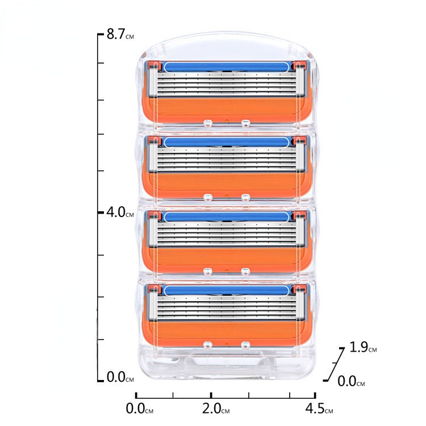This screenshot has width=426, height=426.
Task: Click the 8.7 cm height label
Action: pyautogui.click(x=120, y=34)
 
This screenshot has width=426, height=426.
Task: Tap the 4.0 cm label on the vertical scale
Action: pyautogui.click(x=120, y=212)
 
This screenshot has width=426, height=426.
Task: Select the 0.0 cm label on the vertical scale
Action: pyautogui.click(x=120, y=377)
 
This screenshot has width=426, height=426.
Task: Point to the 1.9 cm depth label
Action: pyautogui.click(x=363, y=347)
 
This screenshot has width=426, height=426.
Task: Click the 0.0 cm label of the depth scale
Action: pyautogui.click(x=351, y=381)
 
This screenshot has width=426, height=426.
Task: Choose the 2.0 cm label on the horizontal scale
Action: pyautogui.click(x=216, y=408)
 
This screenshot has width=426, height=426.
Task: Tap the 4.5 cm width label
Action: pyautogui.click(x=319, y=408)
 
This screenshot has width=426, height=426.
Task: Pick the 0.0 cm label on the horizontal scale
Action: pyautogui.click(x=139, y=408)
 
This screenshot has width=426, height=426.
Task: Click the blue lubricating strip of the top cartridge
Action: pyautogui.click(x=227, y=67)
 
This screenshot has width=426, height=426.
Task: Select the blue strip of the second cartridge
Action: pyautogui.click(x=227, y=142)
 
